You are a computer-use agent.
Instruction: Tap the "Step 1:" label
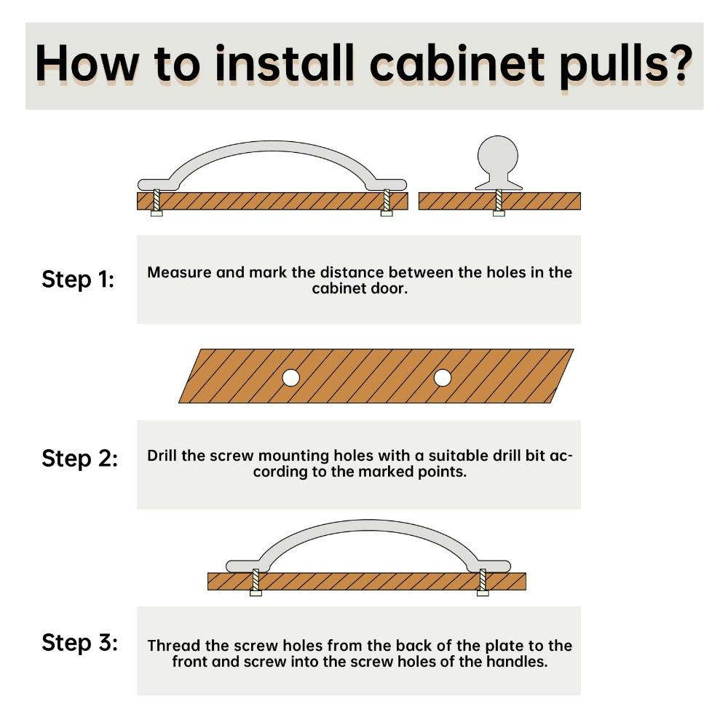[78, 280]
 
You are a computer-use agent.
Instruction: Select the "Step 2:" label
[80, 459]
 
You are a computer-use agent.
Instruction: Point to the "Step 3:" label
[80, 643]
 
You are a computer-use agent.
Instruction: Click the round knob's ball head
[498, 156]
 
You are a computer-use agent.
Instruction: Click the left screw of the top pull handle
[157, 203]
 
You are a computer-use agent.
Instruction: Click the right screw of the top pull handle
[387, 203]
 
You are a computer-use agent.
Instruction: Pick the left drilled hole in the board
[291, 378]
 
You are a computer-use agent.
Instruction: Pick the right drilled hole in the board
[443, 378]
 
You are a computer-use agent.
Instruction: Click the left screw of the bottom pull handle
[256, 582]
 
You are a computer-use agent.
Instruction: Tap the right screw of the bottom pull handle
[483, 582]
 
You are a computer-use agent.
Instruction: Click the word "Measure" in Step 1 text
[179, 272]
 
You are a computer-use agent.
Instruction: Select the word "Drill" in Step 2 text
[162, 456]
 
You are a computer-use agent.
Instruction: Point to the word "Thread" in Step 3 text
[174, 645]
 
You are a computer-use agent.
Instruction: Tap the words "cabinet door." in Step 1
[360, 288]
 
